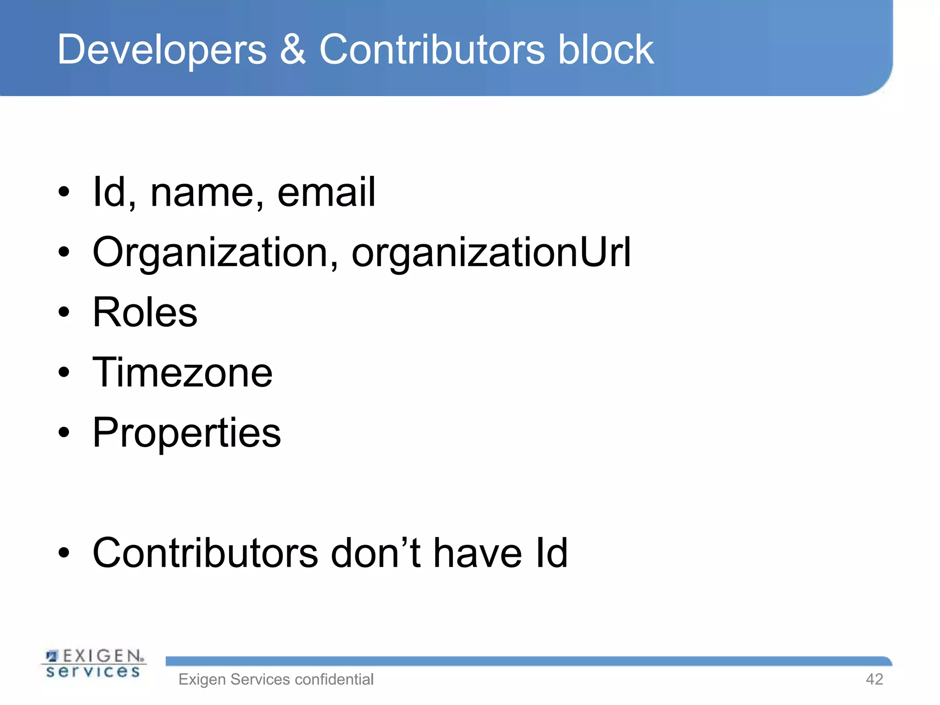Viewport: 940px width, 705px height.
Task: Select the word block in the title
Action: (605, 50)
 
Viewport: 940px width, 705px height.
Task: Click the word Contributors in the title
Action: (432, 50)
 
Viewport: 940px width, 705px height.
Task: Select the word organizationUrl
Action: (491, 253)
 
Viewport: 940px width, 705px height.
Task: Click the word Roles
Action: (145, 313)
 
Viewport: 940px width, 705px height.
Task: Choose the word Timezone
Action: (183, 373)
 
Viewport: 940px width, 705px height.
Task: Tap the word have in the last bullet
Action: (477, 553)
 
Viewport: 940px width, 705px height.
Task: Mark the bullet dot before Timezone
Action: (64, 373)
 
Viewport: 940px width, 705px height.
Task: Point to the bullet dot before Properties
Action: (64, 433)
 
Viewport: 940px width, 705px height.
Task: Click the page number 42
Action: (874, 679)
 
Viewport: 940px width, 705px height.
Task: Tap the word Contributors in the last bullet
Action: (205, 553)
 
